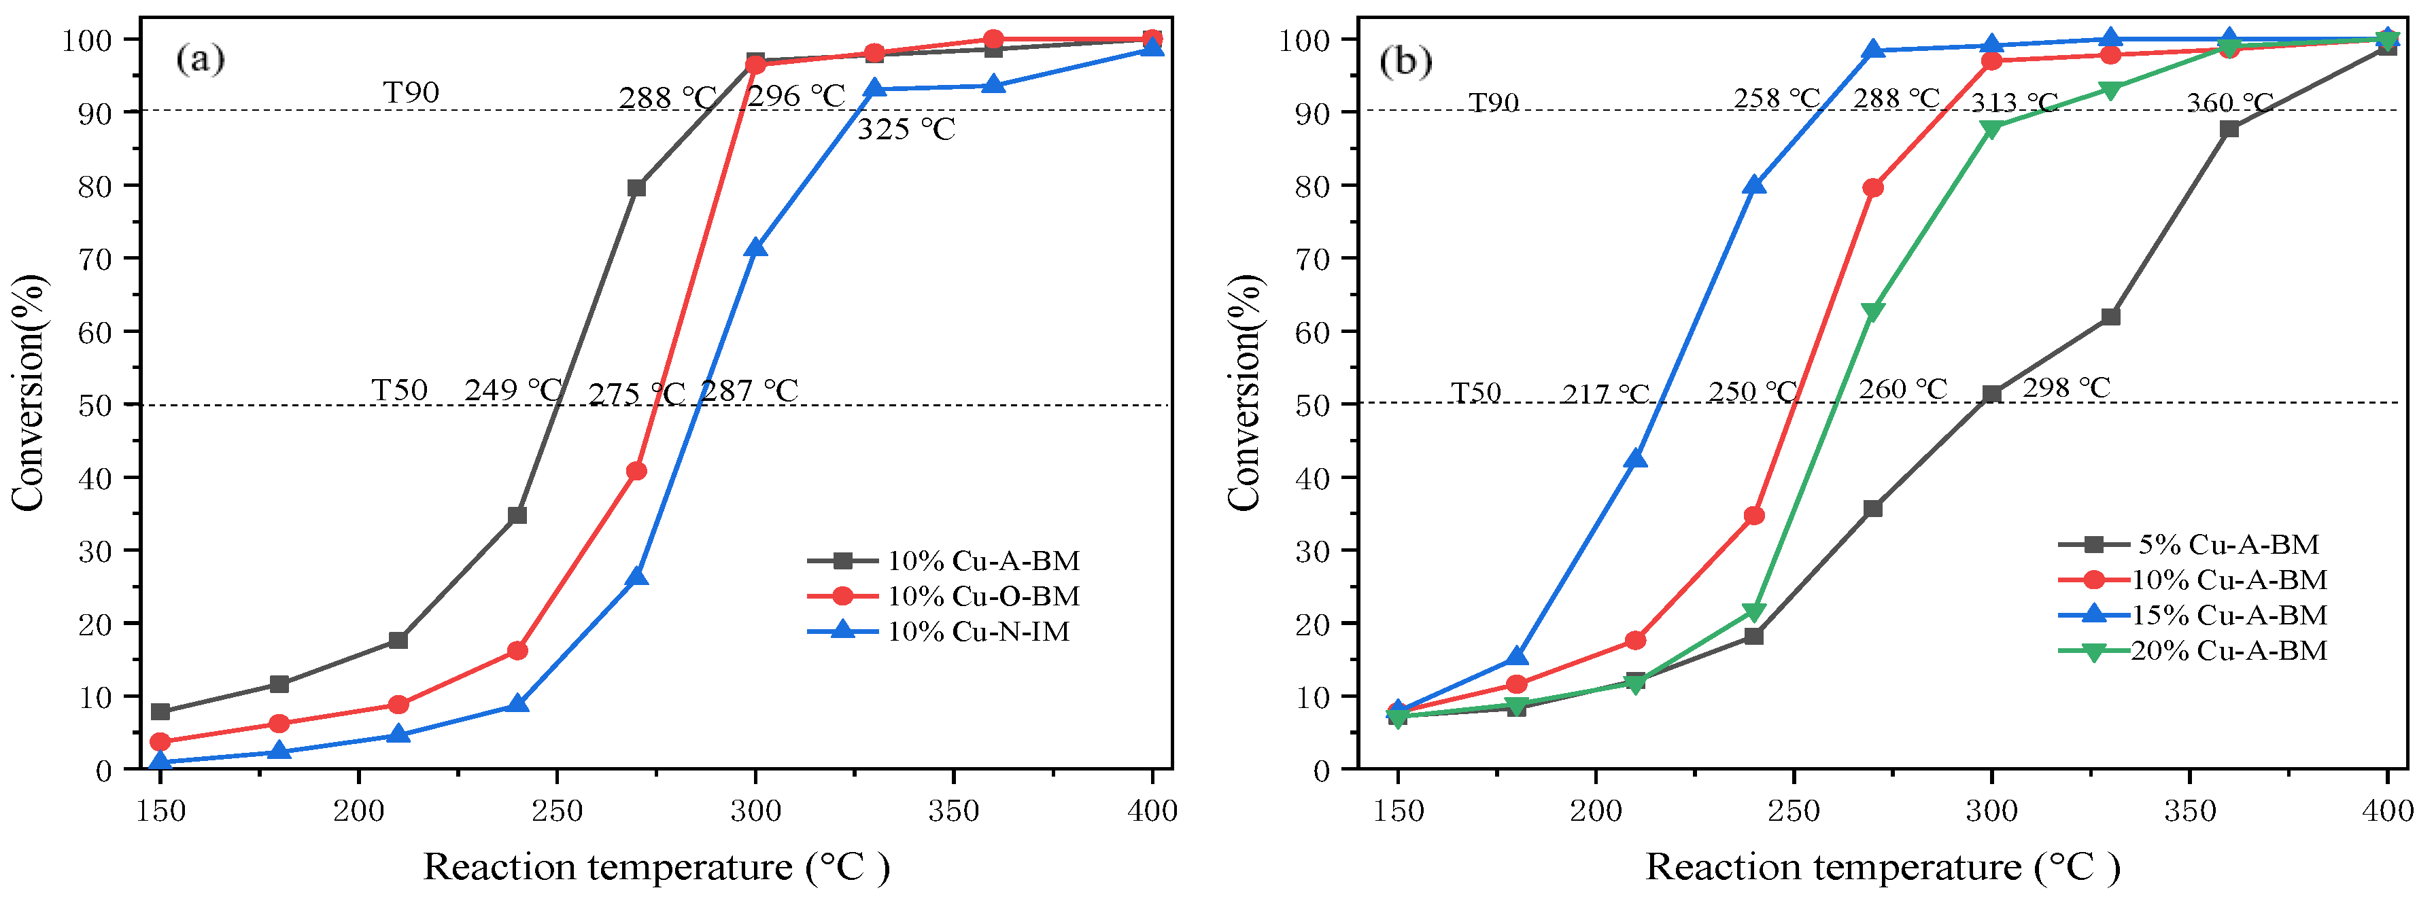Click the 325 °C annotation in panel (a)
point(905,129)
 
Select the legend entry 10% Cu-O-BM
point(982,596)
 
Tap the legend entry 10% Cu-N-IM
point(978,631)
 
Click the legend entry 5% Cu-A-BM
point(2227,544)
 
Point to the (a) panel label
point(201,60)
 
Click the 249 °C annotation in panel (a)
point(513,390)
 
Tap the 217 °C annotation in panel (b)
point(1605,393)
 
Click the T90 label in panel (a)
point(411,92)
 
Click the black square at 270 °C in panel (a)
point(637,188)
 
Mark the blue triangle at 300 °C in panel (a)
point(755,247)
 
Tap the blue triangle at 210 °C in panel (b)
point(1636,459)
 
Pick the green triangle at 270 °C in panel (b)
point(1872,312)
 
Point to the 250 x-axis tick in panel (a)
point(557,811)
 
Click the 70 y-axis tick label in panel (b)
point(1312,259)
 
